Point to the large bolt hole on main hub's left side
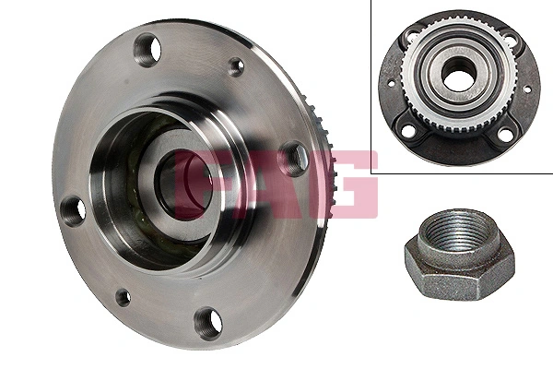75,209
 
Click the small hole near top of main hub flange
236,65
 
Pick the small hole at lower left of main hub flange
123,297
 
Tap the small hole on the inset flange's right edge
528,89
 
